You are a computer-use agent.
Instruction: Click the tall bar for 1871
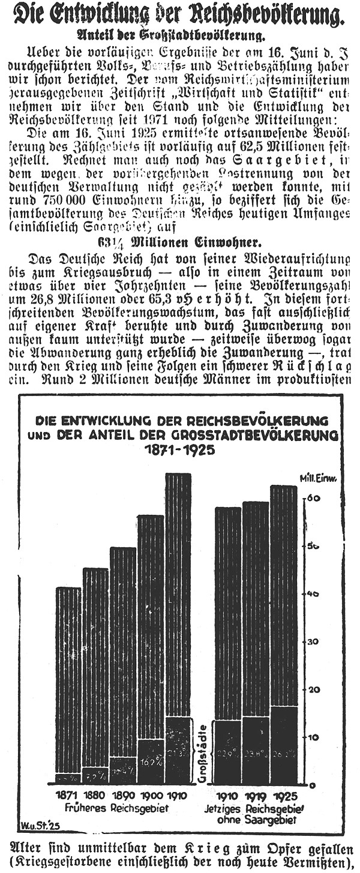68,684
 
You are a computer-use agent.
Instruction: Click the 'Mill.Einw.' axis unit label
317,478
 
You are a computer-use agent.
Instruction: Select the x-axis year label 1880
95,796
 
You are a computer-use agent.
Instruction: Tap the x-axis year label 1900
149,796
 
